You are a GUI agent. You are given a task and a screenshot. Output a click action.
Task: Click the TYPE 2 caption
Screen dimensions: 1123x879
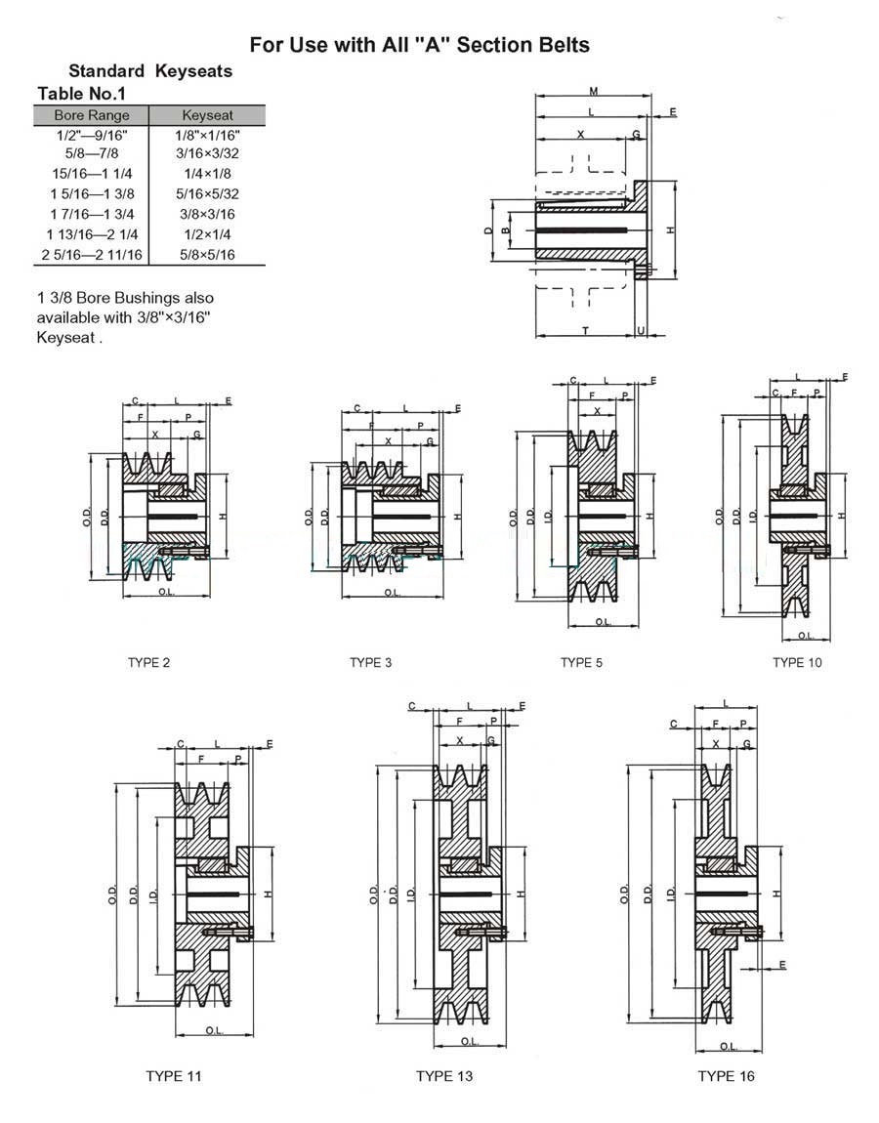(x=149, y=663)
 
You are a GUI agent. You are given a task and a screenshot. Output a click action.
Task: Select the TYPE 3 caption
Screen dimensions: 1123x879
(x=371, y=663)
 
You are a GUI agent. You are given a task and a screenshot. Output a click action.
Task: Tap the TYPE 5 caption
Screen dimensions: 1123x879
(x=581, y=663)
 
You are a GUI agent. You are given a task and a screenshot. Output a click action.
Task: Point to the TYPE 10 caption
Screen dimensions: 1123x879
(x=797, y=663)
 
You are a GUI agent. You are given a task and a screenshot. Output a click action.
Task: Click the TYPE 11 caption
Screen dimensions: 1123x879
(x=173, y=1076)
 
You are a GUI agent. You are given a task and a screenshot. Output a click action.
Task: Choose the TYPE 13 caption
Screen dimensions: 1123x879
(x=443, y=1076)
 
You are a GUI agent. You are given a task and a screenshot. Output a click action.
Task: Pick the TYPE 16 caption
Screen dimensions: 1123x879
(x=726, y=1076)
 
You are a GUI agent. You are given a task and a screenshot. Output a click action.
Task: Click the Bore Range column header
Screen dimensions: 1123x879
(x=92, y=115)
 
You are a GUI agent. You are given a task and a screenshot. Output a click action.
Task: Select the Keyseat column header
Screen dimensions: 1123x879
(x=206, y=115)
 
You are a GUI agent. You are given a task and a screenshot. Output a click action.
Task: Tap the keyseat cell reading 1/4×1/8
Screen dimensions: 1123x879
(x=206, y=173)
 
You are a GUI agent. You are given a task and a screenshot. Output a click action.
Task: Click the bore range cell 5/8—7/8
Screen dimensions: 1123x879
(x=92, y=153)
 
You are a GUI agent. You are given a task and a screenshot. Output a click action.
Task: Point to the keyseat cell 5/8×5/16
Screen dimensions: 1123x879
(x=206, y=255)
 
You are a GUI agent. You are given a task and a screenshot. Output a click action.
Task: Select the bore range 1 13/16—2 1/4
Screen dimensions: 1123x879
(x=92, y=234)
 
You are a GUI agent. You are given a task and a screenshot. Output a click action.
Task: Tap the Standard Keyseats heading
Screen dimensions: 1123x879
(x=150, y=71)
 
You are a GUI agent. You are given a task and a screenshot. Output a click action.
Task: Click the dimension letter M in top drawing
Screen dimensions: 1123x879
(x=593, y=92)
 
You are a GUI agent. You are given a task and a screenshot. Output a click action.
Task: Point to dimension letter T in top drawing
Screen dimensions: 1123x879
(x=585, y=331)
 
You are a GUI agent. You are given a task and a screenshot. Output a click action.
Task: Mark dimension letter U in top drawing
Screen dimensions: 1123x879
(x=640, y=331)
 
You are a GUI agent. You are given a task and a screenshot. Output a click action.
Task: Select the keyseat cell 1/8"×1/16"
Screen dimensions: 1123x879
(x=206, y=135)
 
